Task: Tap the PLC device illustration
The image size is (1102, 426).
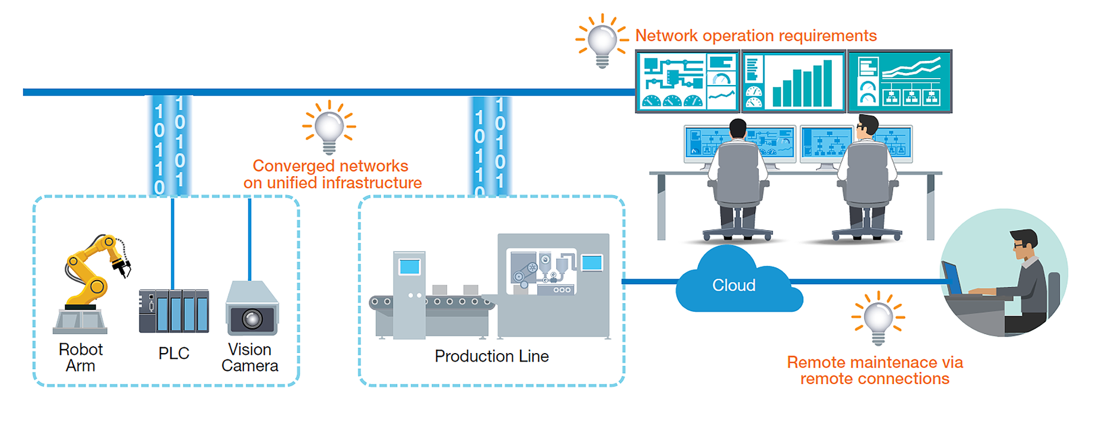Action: [x=174, y=311]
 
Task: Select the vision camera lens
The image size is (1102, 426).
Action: [x=253, y=319]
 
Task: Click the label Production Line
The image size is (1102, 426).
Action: [x=491, y=356]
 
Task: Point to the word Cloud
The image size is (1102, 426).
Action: [x=734, y=285]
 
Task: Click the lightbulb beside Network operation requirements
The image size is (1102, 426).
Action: [x=602, y=40]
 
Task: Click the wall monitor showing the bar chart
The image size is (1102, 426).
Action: [x=794, y=81]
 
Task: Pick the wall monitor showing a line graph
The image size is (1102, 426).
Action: [x=899, y=81]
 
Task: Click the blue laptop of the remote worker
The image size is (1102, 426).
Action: [x=952, y=278]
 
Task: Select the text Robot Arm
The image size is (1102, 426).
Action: [x=80, y=357]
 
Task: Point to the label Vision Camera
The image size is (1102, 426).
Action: [x=250, y=357]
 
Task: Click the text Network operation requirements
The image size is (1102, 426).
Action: [x=756, y=36]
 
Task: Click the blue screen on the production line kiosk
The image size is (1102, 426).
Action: [x=409, y=267]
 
